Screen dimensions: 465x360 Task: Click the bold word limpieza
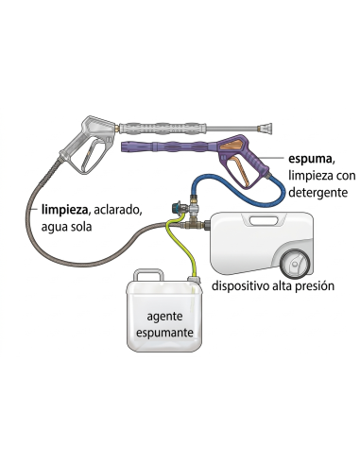point(63,208)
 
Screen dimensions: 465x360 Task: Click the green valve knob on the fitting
point(172,204)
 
